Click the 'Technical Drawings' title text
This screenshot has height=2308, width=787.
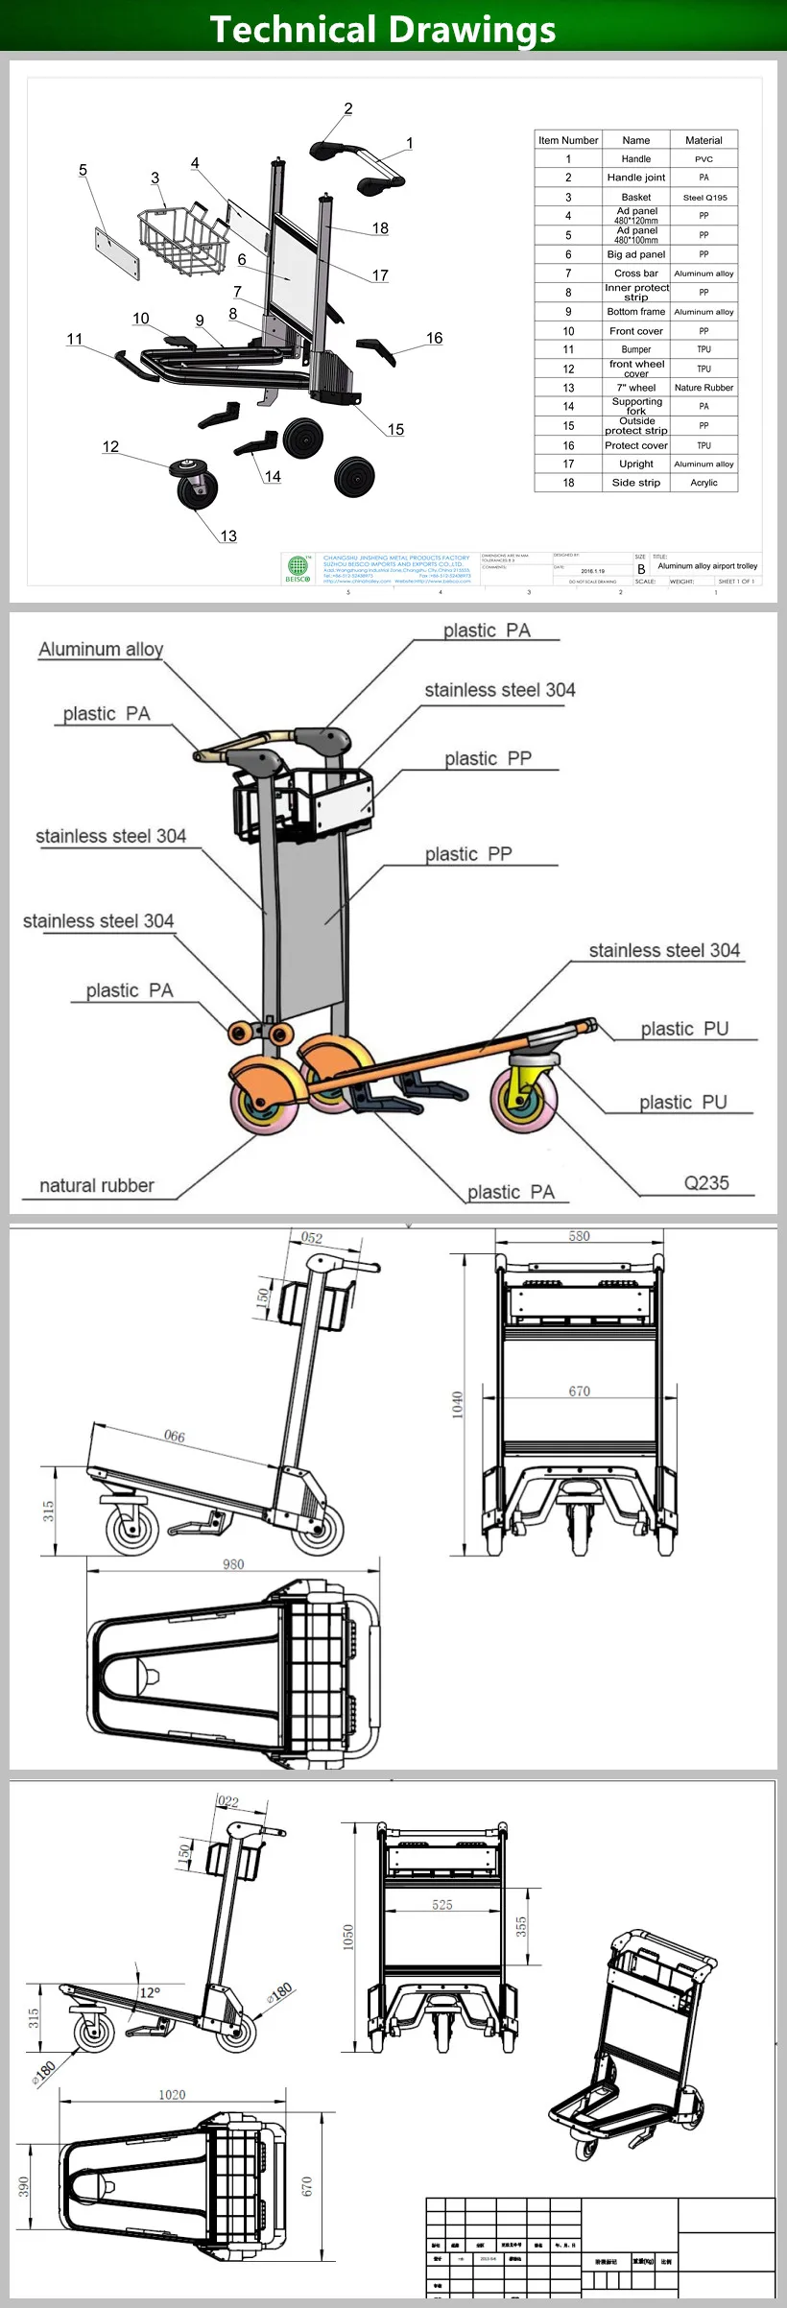click(x=383, y=29)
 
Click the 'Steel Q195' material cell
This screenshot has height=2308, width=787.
click(x=704, y=197)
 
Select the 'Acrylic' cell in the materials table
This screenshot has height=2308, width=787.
click(x=704, y=483)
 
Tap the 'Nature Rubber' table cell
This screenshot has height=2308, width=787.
click(x=704, y=388)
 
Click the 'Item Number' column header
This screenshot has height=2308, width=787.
click(x=568, y=140)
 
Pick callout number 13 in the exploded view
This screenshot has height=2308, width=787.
click(x=228, y=535)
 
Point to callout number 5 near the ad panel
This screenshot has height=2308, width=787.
click(x=83, y=170)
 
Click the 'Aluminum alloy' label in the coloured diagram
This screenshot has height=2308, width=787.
click(x=101, y=650)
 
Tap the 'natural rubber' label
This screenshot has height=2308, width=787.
click(x=97, y=1185)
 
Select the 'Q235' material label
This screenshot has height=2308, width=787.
click(x=706, y=1183)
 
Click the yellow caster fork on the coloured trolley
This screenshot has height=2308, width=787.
click(x=527, y=1080)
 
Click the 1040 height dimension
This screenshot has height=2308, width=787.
click(x=458, y=1405)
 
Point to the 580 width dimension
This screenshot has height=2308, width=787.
click(x=579, y=1236)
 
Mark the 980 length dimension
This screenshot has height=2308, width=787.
click(x=233, y=1563)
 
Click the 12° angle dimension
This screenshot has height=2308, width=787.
click(x=151, y=1992)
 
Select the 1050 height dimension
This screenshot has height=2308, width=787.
click(x=348, y=1938)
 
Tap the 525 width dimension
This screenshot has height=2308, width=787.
click(x=441, y=1904)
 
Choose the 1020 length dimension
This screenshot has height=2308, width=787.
click(x=172, y=2094)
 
